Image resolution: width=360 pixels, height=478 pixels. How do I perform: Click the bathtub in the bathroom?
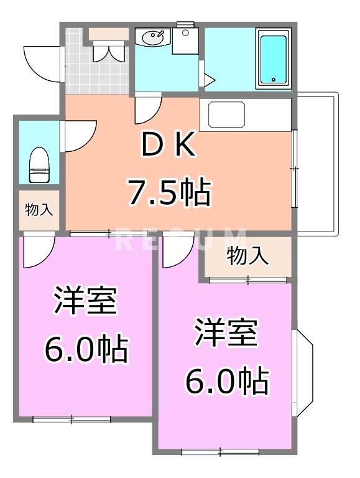[x=273, y=60]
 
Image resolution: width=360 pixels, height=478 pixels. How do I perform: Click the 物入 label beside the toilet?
[x=39, y=210]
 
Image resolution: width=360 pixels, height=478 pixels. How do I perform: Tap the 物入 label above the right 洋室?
[x=247, y=255]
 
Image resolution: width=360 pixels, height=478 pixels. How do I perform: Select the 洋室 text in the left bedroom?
[x=85, y=303]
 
